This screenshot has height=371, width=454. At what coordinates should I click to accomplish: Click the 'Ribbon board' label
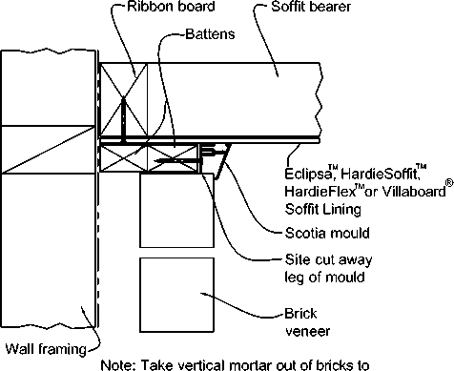[x=171, y=7]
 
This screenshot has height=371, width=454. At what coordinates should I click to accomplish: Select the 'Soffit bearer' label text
[x=311, y=7]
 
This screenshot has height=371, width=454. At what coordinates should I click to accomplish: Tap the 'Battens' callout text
[x=210, y=33]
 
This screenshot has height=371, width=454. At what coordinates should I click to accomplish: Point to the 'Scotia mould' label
[x=327, y=233]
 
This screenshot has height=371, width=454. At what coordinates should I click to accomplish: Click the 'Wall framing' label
[x=46, y=349]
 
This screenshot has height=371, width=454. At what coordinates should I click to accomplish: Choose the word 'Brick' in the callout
[x=300, y=314]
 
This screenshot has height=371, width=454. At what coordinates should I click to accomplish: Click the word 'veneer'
[x=307, y=331]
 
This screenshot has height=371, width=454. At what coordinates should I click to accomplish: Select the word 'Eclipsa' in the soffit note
[x=306, y=174]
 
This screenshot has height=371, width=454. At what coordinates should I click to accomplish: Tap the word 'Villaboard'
[x=414, y=192]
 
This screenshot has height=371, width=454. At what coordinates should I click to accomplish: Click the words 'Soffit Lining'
[x=322, y=209]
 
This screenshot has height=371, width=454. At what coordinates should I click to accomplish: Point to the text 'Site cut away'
[x=328, y=259]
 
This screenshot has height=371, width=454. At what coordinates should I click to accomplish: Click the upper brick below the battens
[x=177, y=210]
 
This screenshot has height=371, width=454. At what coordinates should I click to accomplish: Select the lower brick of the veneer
[x=177, y=295]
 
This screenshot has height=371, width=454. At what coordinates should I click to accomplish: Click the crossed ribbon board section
[x=124, y=99]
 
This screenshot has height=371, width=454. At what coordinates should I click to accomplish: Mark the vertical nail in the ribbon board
[x=123, y=120]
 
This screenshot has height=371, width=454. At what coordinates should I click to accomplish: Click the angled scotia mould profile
[x=223, y=161]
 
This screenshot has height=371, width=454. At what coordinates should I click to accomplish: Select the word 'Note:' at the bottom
[x=118, y=365]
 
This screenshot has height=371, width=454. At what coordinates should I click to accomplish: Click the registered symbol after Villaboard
[x=449, y=183]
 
